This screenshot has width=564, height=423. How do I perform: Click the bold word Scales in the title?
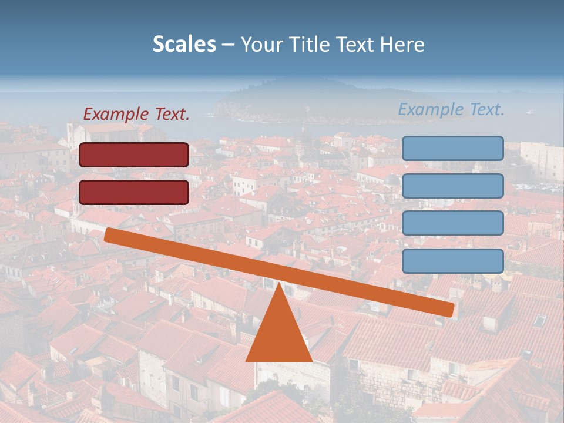pos(184,45)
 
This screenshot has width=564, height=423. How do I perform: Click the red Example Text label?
pos(136,115)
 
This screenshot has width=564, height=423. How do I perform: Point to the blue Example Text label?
pos(451,109)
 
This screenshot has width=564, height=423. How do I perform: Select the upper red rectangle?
pos(134,155)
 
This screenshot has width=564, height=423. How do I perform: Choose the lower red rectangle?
pos(134,192)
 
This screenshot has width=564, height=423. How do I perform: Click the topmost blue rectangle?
pos(452,148)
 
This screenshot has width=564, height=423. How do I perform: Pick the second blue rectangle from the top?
pos(452,186)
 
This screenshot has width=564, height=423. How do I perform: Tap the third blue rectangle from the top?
pos(452,223)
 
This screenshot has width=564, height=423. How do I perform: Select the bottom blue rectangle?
pos(452,261)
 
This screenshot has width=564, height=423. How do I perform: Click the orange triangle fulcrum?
pos(278,335)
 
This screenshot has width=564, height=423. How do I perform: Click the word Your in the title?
pos(259,45)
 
